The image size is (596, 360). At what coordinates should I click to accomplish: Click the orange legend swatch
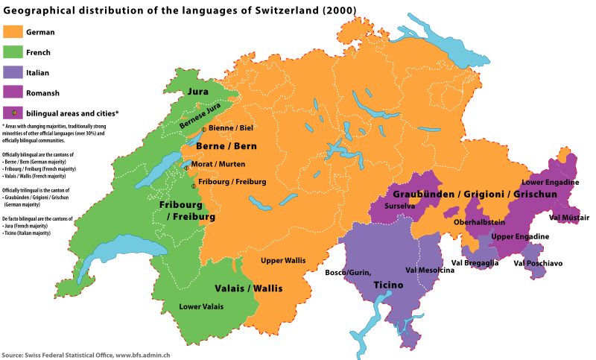point(13,31)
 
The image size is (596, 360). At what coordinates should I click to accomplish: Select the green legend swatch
point(13,52)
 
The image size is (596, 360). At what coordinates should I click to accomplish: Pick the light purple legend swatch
point(13,72)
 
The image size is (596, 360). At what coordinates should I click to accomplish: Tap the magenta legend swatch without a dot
point(13,92)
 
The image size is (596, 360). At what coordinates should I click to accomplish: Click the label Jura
point(198,92)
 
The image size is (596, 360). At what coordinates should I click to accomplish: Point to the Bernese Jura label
point(200,116)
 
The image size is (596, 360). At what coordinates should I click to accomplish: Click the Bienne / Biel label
point(230,128)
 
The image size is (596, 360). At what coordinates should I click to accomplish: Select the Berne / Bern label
point(226,146)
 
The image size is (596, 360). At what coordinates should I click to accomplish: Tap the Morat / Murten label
point(218,165)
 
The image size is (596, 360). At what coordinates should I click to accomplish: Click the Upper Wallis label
point(283,261)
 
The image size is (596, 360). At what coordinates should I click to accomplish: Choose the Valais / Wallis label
point(249,288)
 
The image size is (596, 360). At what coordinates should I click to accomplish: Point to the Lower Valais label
point(200,306)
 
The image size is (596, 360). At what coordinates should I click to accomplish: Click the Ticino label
point(388,285)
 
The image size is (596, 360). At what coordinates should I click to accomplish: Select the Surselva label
point(399,206)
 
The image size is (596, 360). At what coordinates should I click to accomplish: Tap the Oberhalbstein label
point(479,222)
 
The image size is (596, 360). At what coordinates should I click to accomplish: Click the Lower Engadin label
point(548,183)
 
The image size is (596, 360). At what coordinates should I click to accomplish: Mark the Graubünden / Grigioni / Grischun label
point(475,195)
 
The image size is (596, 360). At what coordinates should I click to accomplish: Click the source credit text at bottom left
point(86,356)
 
